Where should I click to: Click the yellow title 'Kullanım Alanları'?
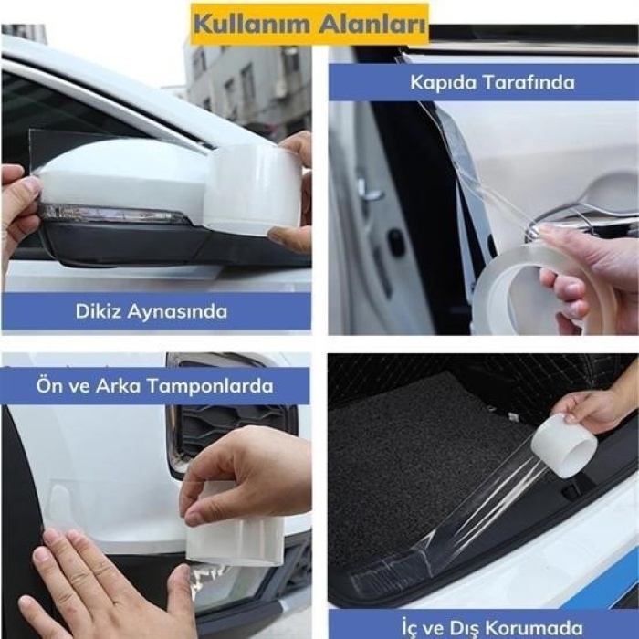pyautogui.click(x=309, y=25)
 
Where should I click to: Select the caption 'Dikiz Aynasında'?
pyautogui.click(x=152, y=311)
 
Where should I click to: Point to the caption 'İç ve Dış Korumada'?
pyautogui.click(x=491, y=627)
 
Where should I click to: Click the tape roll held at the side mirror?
pyautogui.click(x=251, y=187)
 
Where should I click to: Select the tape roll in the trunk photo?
pyautogui.click(x=563, y=445)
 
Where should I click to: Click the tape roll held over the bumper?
pyautogui.click(x=233, y=539)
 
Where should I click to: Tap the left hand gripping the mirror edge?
pyautogui.click(x=18, y=210)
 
